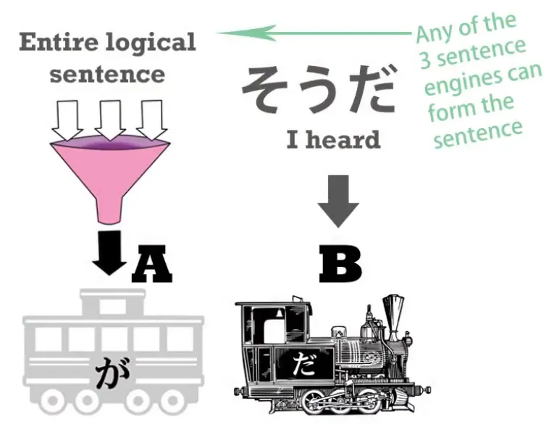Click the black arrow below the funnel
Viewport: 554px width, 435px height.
109,252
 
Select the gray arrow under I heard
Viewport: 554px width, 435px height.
338,199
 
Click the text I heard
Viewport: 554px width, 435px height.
333,140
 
